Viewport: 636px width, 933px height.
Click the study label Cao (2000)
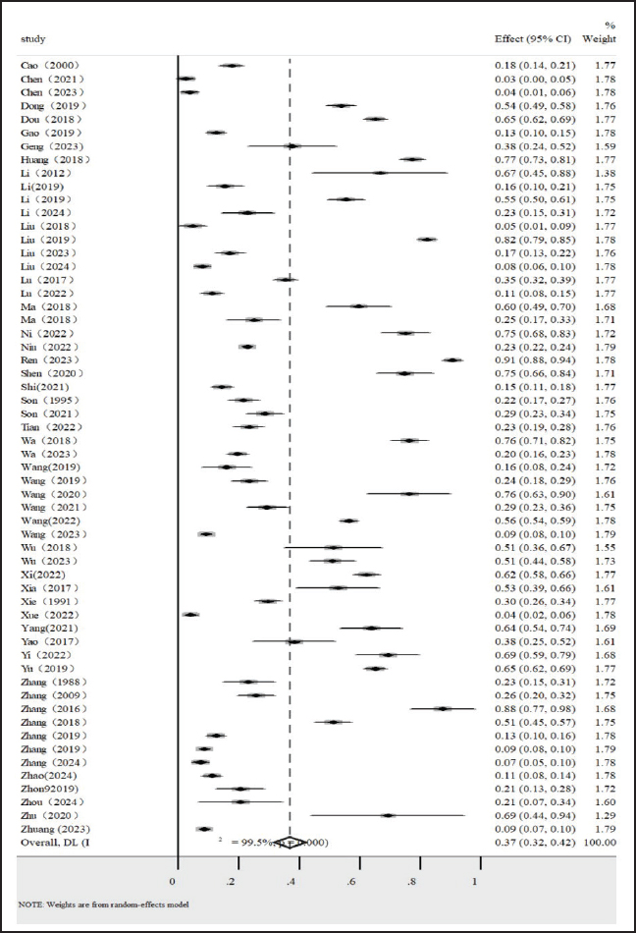coord(49,65)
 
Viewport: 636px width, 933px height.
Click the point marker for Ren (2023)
coord(451,359)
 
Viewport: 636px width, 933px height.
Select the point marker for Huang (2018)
coord(412,158)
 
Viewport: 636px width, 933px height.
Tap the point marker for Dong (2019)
coord(341,105)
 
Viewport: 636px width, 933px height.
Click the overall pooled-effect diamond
coord(289,842)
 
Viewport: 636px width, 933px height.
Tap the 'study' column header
coord(34,39)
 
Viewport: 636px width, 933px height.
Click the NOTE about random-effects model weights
coord(106,904)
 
